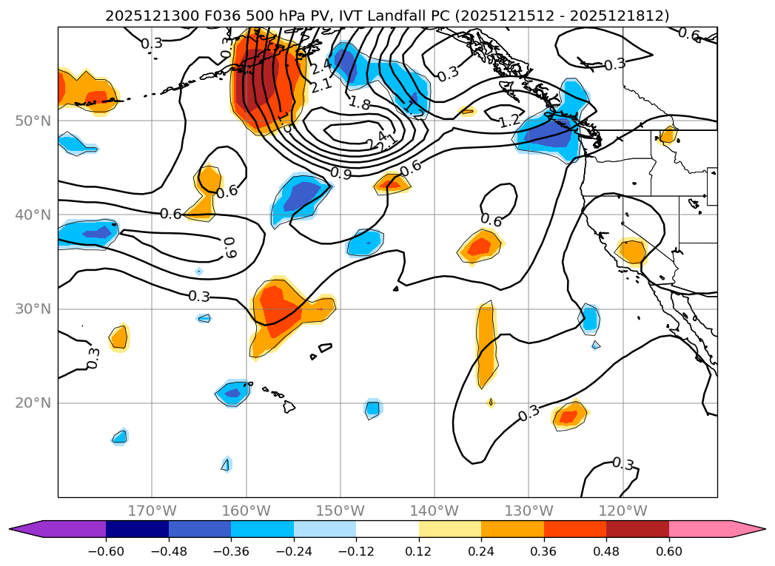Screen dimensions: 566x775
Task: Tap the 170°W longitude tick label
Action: pos(152,511)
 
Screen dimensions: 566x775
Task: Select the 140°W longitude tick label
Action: pos(435,511)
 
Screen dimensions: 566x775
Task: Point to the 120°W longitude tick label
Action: pos(623,511)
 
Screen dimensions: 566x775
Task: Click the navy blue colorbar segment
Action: pos(137,528)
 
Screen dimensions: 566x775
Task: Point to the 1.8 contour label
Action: pos(359,104)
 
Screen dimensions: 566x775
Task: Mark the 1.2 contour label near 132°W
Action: pos(509,121)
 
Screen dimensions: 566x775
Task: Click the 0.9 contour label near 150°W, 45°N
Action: pos(340,173)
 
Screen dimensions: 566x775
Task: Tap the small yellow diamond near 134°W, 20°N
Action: pos(491,402)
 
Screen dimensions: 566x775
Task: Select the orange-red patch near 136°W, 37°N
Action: pos(480,246)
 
